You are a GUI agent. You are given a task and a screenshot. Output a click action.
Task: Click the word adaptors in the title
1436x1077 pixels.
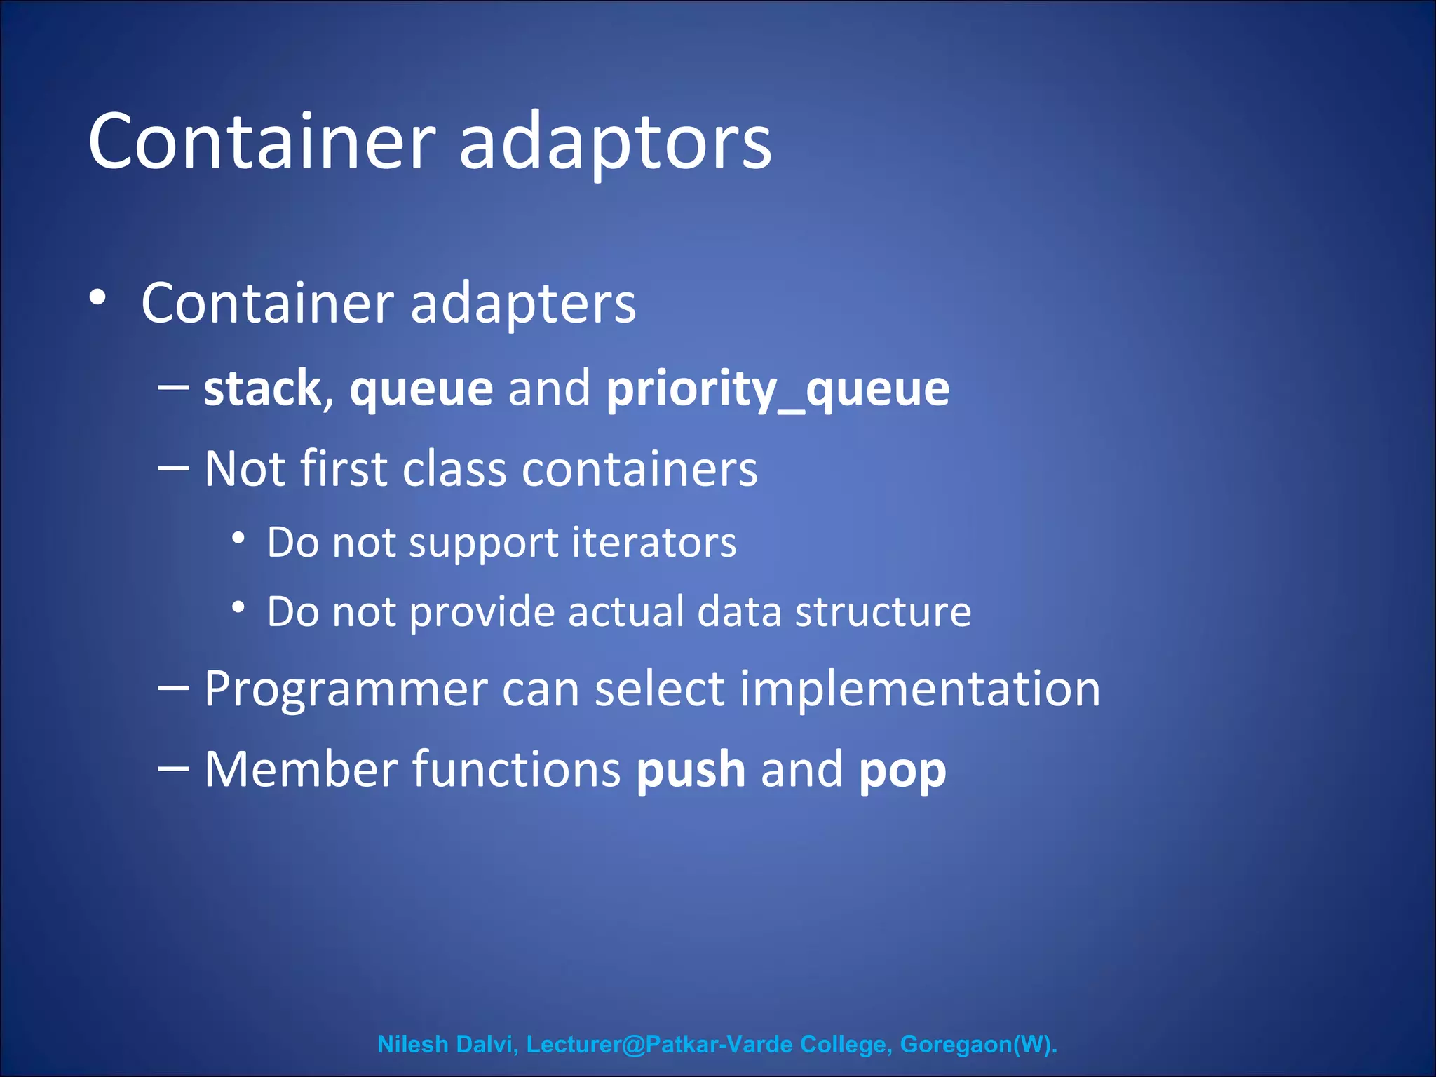click(x=615, y=144)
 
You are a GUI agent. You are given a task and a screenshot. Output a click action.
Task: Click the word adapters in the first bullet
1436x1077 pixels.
click(x=522, y=304)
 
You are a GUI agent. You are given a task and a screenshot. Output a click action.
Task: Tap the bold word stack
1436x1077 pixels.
click(x=262, y=389)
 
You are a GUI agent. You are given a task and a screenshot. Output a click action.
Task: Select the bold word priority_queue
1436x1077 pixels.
click(x=778, y=389)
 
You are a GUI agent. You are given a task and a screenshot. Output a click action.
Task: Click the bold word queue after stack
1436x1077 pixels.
click(x=421, y=391)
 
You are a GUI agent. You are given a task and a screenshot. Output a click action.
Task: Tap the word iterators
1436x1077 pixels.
click(x=653, y=543)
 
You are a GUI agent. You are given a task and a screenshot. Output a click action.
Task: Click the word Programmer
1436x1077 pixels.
click(x=346, y=690)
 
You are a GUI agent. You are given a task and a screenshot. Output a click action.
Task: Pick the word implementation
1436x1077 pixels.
click(x=920, y=690)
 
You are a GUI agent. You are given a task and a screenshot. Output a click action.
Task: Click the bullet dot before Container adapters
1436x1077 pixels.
click(x=97, y=298)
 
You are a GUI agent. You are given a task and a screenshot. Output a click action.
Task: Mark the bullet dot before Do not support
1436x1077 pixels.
click(x=238, y=538)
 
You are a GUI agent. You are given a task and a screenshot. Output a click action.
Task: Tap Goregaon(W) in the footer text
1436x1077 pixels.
click(x=977, y=1044)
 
